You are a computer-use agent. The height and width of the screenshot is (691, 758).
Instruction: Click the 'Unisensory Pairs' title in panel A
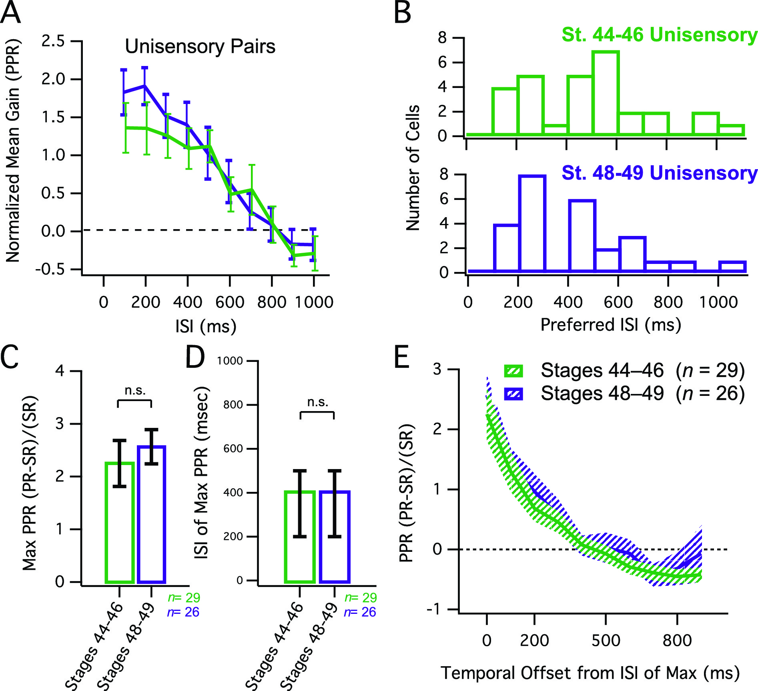click(200, 46)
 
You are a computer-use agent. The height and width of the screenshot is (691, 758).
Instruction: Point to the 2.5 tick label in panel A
click(53, 41)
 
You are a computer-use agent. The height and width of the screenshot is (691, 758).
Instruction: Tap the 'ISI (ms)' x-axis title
click(206, 326)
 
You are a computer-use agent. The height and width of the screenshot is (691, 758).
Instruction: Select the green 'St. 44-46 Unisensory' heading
click(659, 35)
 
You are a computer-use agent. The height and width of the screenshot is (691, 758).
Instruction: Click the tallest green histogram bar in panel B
click(606, 93)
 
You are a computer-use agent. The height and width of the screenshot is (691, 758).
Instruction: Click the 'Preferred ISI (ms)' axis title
click(611, 325)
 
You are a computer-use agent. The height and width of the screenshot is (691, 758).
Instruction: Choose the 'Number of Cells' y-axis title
click(413, 168)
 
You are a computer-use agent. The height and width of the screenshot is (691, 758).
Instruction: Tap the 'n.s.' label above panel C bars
click(135, 390)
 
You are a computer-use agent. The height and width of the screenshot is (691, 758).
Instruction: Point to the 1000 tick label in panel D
click(230, 361)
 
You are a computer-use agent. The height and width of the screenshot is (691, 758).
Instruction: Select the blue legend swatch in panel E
click(513, 394)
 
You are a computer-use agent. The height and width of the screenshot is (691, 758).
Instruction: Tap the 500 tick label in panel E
click(606, 640)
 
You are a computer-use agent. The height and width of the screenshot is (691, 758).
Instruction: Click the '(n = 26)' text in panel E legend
click(710, 393)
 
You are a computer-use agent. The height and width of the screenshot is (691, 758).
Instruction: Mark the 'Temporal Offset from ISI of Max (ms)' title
click(590, 673)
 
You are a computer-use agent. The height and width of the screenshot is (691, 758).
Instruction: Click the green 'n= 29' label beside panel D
click(361, 597)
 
